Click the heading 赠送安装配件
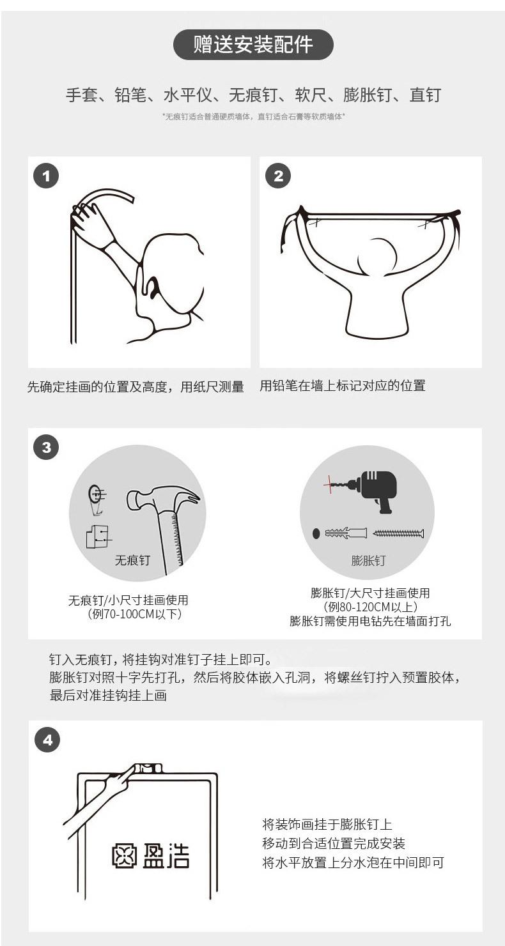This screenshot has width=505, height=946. (252, 45)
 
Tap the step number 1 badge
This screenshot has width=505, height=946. (46, 176)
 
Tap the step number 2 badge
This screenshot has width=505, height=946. (277, 176)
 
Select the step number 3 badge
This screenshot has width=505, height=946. (46, 447)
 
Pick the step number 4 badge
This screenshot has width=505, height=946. (47, 740)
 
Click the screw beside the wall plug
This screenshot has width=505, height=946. (398, 533)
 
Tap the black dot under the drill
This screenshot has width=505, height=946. (316, 533)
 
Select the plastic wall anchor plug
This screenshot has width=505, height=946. (346, 533)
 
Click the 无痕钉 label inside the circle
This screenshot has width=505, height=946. (132, 560)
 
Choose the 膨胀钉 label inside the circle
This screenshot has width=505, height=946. (368, 561)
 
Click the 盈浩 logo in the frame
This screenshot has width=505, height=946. (150, 856)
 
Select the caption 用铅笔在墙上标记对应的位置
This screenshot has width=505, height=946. (342, 386)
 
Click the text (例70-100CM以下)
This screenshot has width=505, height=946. (134, 614)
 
